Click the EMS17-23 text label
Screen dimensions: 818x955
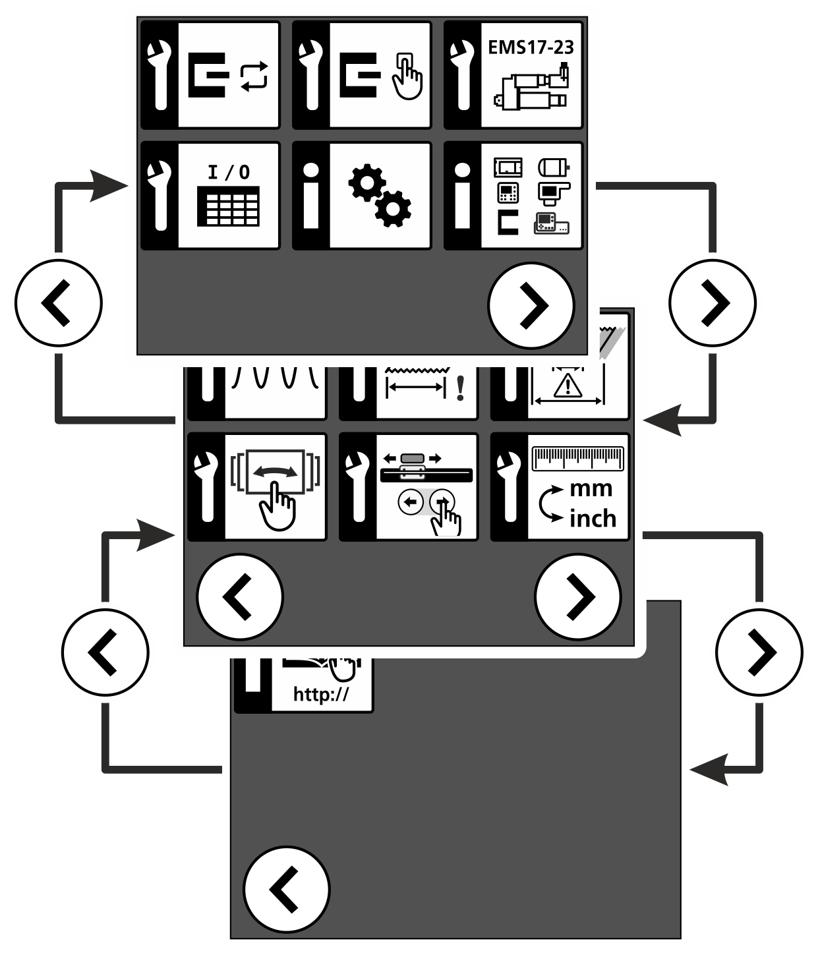[x=531, y=47]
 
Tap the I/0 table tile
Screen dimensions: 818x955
[x=210, y=196]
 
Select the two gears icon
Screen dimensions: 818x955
[x=380, y=196]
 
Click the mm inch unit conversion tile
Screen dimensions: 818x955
[x=560, y=487]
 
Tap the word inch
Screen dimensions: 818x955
[x=593, y=519]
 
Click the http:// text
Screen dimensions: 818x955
[x=321, y=694]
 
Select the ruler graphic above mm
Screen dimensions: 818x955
[x=577, y=458]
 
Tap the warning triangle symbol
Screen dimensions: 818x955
[x=568, y=386]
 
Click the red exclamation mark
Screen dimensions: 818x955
[x=460, y=388]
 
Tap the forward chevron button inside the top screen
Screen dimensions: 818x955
[x=531, y=306]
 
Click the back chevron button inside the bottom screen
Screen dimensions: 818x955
[x=287, y=890]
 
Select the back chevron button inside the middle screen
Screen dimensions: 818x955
[x=240, y=597]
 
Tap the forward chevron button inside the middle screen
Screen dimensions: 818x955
[x=577, y=597]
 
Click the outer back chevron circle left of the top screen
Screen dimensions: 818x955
[x=59, y=303]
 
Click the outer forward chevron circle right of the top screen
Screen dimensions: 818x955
[x=713, y=303]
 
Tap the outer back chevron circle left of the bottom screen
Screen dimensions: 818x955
[x=105, y=652]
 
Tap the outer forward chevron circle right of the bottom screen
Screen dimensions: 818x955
[x=759, y=652]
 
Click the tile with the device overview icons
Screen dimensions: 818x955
[x=513, y=196]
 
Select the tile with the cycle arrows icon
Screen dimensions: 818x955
[x=210, y=75]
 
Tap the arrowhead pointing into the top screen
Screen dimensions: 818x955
[x=108, y=186]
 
